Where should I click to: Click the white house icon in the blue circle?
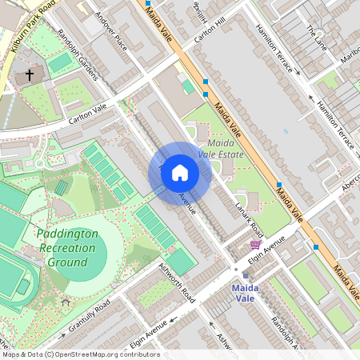coord(180,173)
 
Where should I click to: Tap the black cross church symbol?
coord(30,74)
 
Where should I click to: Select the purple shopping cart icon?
coord(255,245)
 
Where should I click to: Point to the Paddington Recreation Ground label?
coord(67,248)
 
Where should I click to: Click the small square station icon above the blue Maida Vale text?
coord(245,275)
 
